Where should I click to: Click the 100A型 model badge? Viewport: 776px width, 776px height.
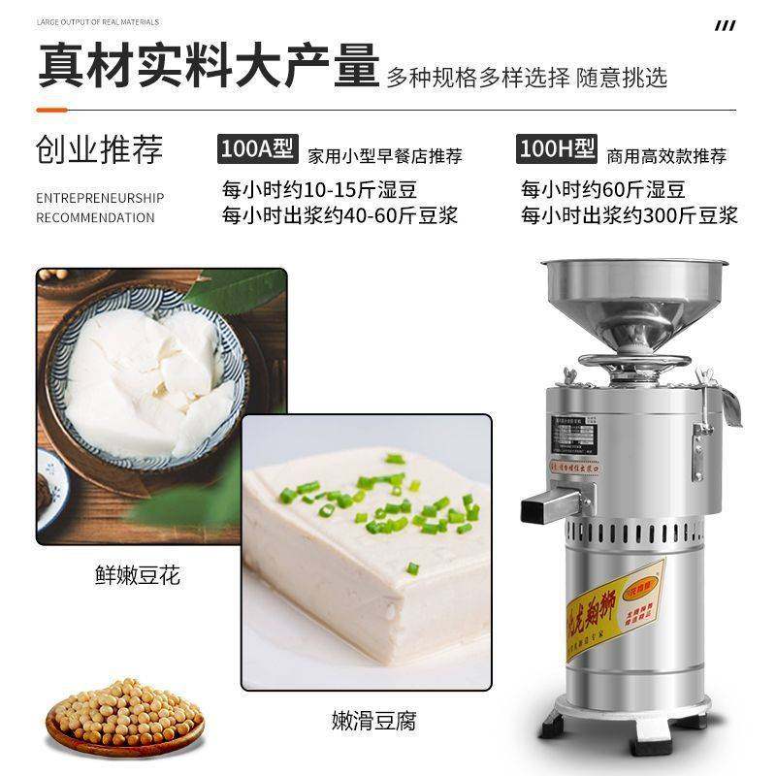[255, 150]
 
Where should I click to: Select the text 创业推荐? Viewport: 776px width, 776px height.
[99, 149]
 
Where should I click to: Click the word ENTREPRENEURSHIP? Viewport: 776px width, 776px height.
[100, 198]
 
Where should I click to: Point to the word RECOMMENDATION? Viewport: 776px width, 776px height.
[95, 217]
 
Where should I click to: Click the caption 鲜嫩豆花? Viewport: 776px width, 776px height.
[139, 577]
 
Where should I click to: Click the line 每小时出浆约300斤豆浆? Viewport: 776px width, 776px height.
[629, 214]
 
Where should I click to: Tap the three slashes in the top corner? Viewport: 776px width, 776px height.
[724, 25]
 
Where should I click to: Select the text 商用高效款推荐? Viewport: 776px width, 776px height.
[665, 155]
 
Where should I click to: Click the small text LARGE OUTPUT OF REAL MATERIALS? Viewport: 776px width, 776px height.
[97, 21]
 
